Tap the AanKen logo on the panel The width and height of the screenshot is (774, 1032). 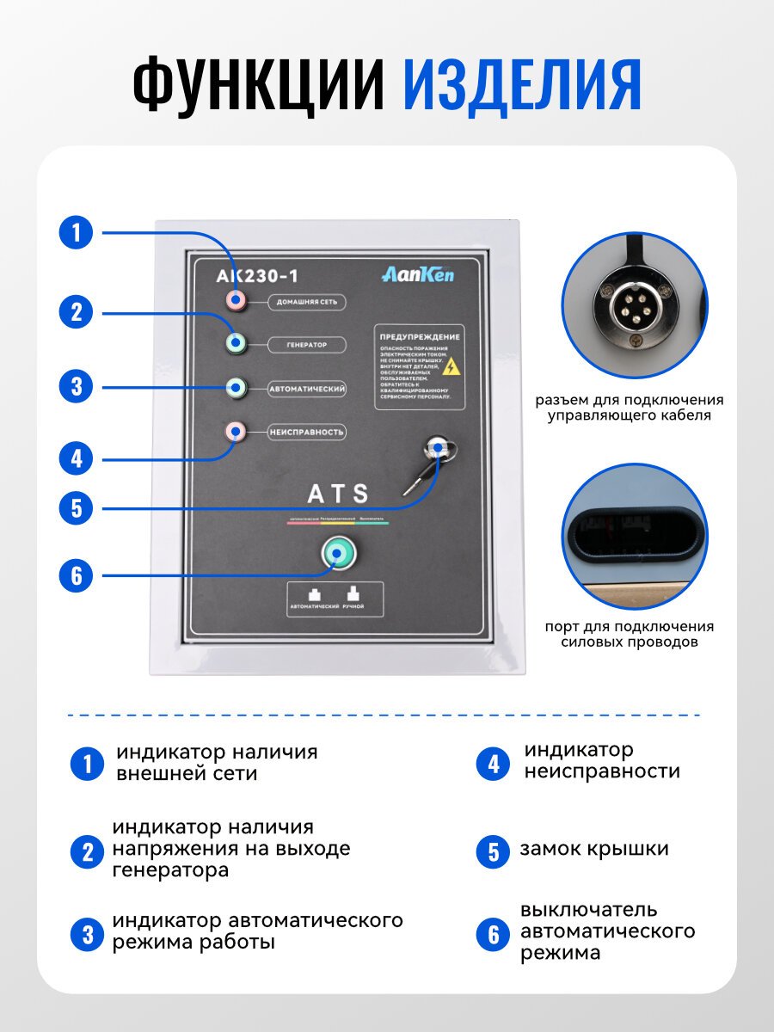[418, 275]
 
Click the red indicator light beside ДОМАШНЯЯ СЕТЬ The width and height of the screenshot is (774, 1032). [235, 300]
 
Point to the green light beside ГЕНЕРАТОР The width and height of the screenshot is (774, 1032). [236, 344]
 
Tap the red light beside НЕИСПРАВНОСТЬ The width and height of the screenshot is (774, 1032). [235, 431]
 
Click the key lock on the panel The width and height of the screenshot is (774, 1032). [437, 446]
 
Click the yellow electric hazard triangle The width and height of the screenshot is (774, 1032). [450, 366]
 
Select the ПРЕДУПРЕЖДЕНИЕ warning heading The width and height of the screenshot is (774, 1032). [420, 337]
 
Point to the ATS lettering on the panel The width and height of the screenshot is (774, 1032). [338, 494]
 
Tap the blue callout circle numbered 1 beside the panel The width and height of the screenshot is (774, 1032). [76, 232]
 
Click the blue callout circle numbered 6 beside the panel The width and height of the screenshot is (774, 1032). [76, 574]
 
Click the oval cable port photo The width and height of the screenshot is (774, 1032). [633, 537]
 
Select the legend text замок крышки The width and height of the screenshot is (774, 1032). [593, 850]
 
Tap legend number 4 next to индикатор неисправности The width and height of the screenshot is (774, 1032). [493, 763]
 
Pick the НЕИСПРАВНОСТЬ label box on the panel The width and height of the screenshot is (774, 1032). [306, 432]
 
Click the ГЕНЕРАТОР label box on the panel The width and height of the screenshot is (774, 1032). [306, 345]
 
